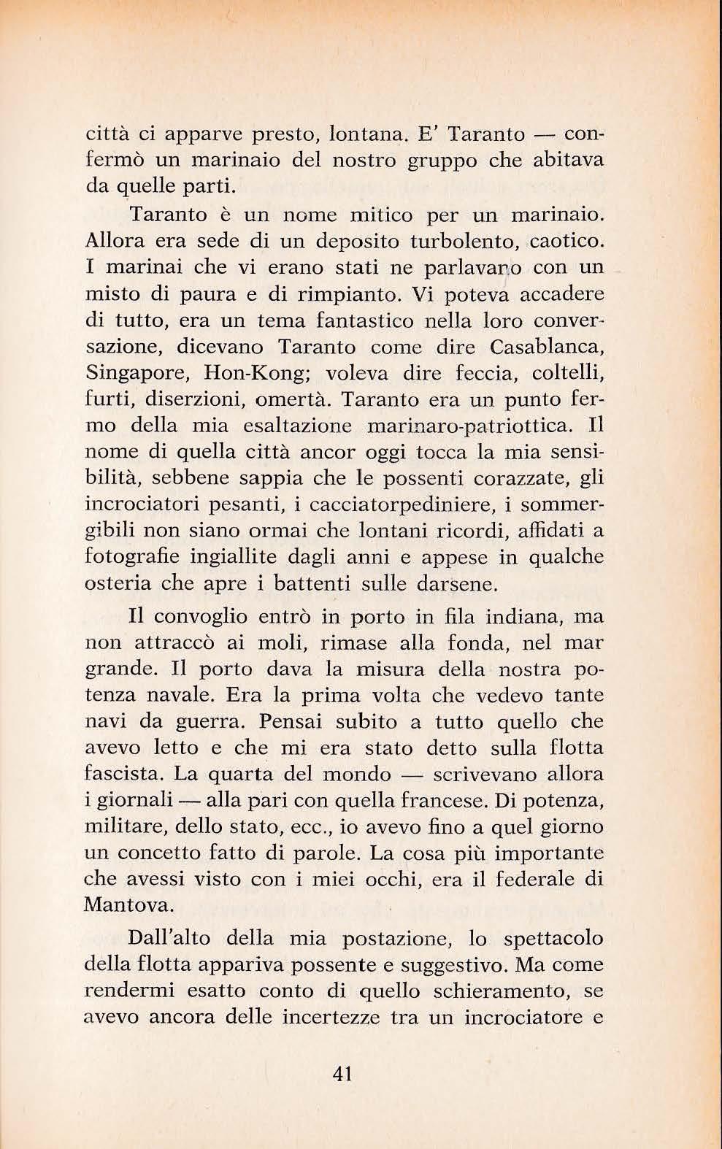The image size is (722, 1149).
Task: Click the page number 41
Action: pos(342,1073)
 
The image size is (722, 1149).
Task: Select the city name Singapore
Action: pos(135,374)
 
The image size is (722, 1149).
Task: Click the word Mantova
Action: pos(128,906)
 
